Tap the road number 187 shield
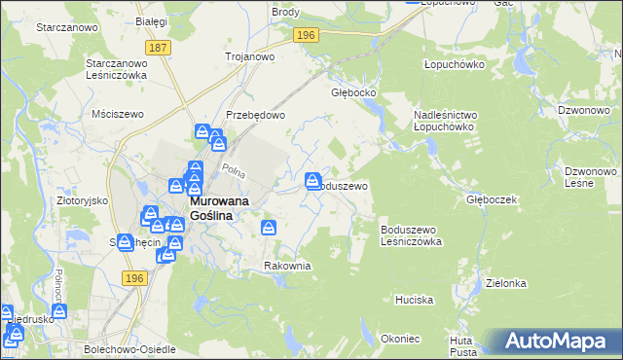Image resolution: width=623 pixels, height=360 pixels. (x=157, y=47)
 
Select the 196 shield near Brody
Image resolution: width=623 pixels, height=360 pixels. (x=306, y=35)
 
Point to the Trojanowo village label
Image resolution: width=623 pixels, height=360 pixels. (x=250, y=56)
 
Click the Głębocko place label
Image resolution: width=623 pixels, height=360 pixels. (x=353, y=93)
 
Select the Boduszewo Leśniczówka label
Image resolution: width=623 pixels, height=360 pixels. (x=411, y=234)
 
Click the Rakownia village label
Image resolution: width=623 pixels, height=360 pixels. (x=287, y=266)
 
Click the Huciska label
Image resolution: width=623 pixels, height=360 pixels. (x=414, y=300)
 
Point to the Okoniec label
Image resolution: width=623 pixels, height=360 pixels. (x=400, y=339)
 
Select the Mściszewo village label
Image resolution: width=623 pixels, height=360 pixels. (x=117, y=114)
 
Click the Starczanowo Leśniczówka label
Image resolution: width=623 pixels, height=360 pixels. (x=115, y=68)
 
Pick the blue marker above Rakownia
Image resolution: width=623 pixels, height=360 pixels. (x=270, y=228)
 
